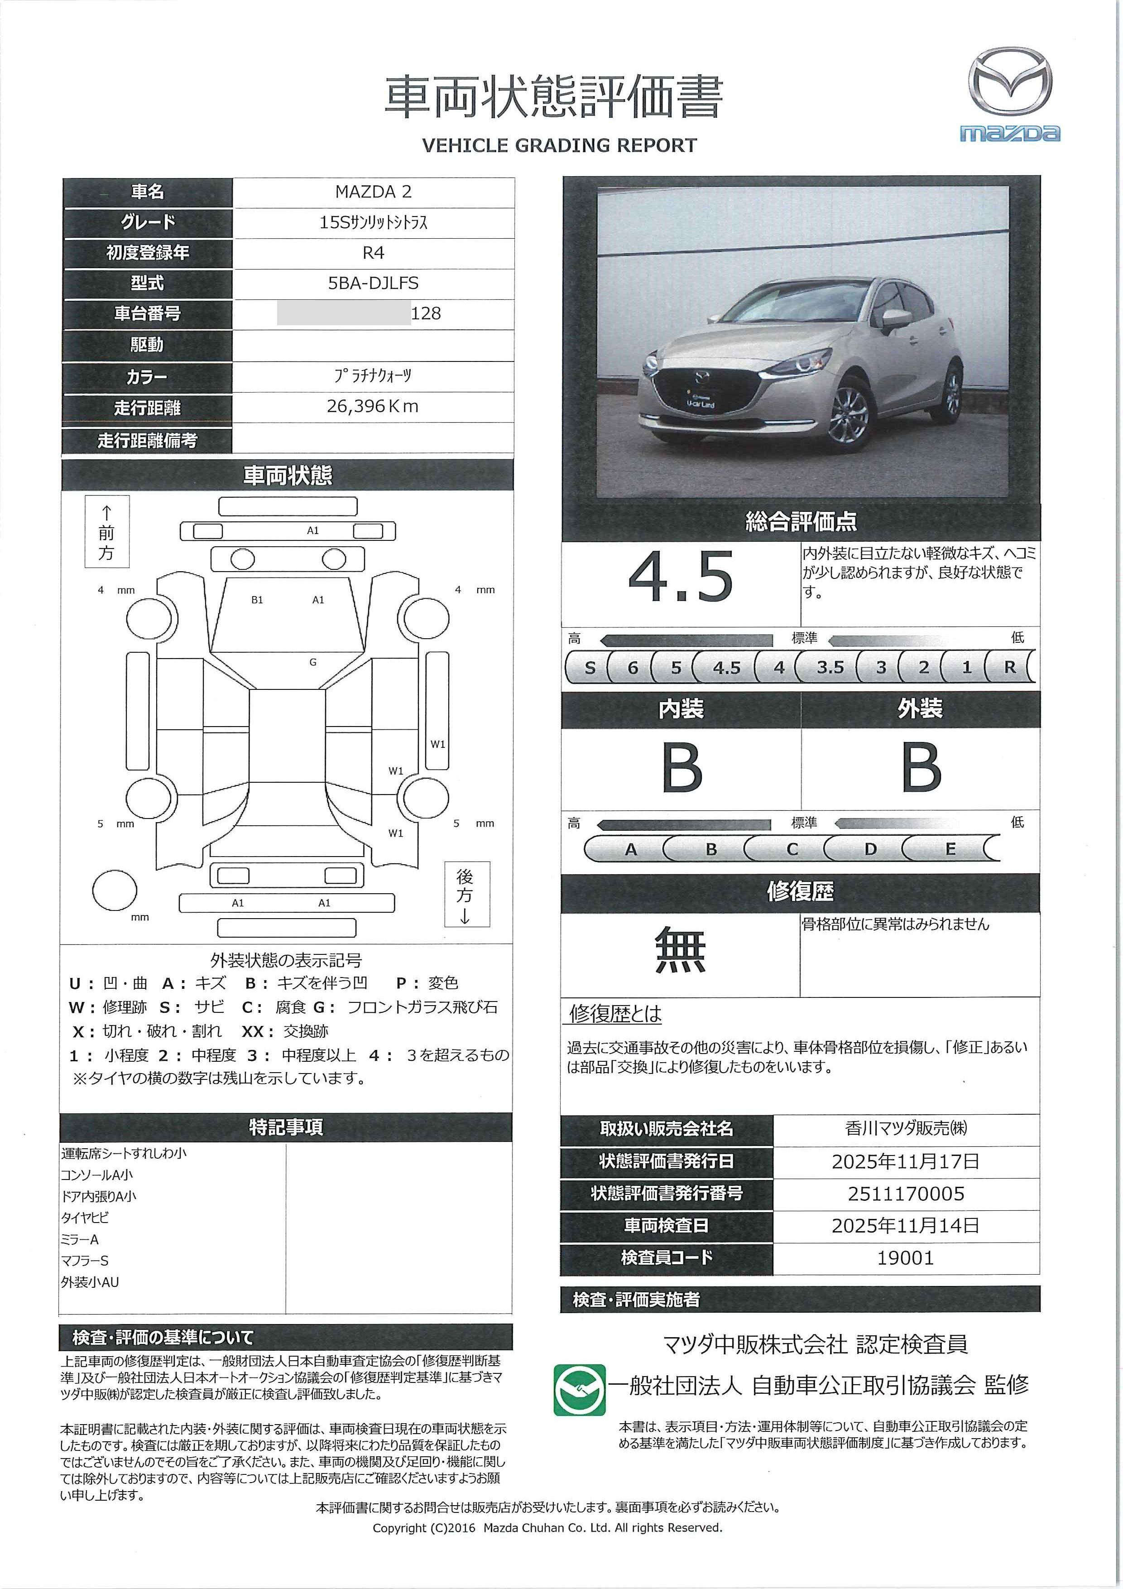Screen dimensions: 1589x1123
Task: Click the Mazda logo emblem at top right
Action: [1009, 82]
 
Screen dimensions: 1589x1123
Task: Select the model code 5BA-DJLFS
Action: [373, 283]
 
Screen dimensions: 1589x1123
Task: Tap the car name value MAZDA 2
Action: [373, 192]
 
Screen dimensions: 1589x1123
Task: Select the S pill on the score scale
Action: [590, 668]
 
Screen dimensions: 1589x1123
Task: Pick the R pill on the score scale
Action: [1009, 668]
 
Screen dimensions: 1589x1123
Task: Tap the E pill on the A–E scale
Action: [950, 849]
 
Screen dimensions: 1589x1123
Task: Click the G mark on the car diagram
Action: [313, 662]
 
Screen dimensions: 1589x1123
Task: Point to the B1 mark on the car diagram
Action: [257, 600]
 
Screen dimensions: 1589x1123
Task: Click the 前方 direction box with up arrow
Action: [106, 531]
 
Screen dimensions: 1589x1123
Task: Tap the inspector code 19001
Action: [906, 1257]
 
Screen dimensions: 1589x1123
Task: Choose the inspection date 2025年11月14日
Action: [906, 1226]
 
